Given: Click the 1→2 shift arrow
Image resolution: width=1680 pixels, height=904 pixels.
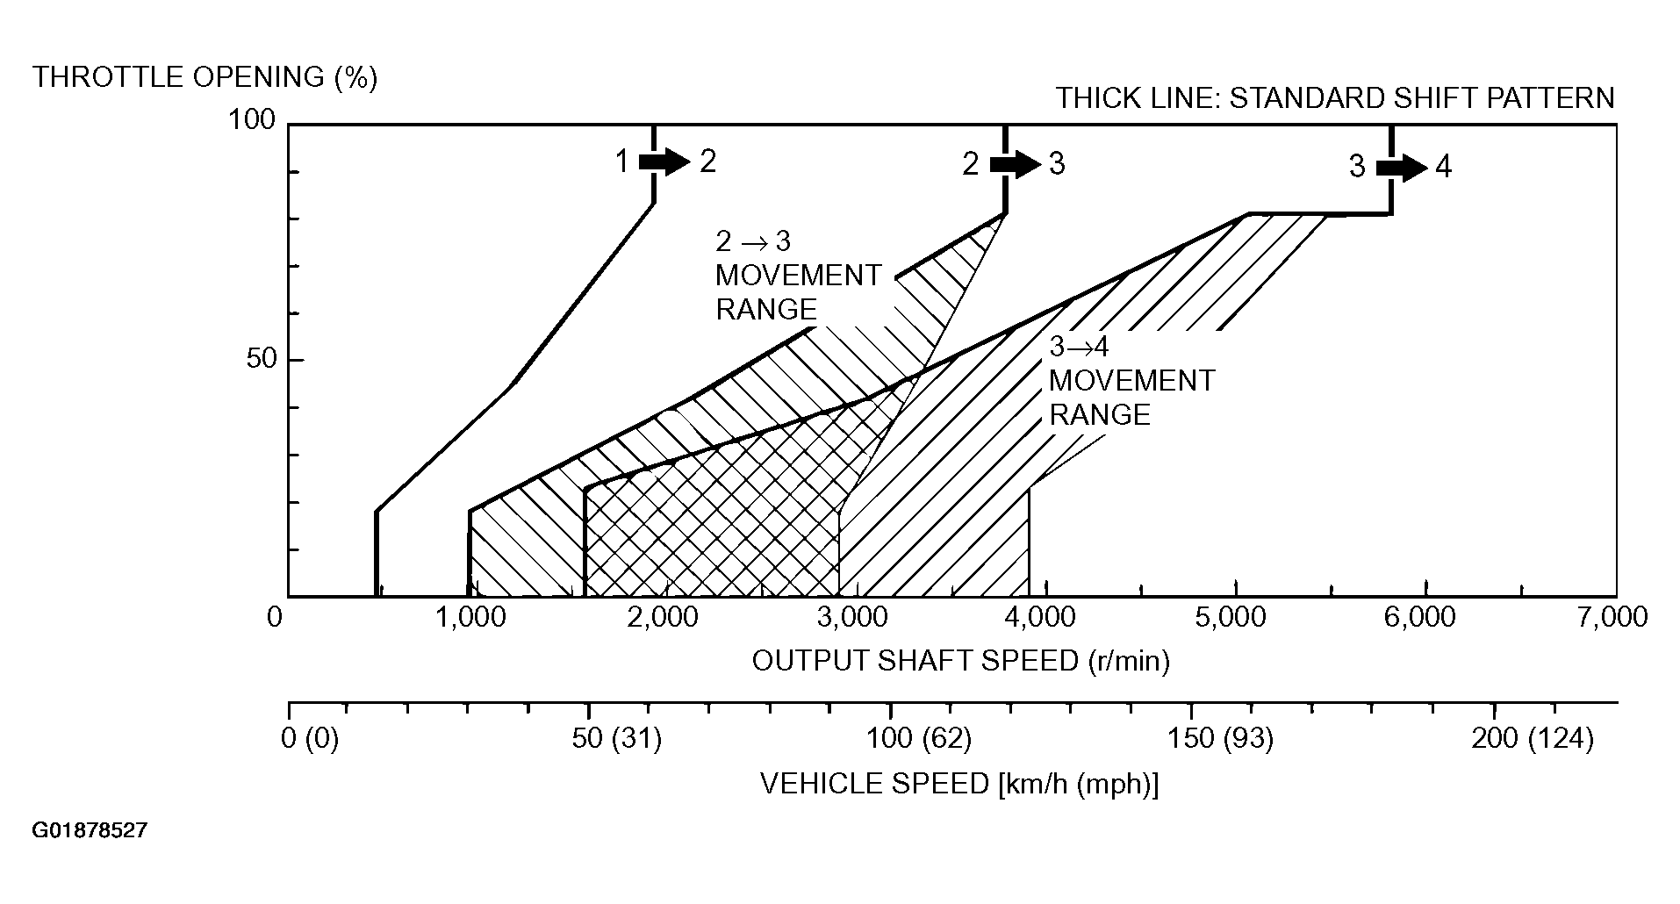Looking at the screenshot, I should tap(664, 161).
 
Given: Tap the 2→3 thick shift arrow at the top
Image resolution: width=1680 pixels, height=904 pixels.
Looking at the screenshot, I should tap(1015, 164).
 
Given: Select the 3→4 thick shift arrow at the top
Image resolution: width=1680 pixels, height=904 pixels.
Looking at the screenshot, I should tap(1402, 167).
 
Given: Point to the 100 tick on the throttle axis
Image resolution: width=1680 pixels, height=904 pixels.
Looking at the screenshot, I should tap(253, 120).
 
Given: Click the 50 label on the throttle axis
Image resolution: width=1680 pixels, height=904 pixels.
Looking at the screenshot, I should tap(261, 359).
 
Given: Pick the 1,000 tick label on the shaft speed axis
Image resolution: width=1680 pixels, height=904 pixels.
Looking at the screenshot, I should tap(470, 618).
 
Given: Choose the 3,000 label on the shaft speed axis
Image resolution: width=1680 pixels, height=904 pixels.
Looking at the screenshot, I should tap(851, 618).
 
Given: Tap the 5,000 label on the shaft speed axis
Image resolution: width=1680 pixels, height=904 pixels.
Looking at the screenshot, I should tap(1230, 618).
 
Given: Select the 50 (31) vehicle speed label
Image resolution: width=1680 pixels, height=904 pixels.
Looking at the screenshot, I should tap(617, 739).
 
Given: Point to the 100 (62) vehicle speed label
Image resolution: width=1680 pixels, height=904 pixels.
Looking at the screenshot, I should tap(919, 739).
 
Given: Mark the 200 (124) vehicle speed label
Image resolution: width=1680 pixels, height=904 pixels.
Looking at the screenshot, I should tap(1532, 739).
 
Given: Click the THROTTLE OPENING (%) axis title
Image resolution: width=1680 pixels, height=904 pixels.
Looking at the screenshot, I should tap(205, 77).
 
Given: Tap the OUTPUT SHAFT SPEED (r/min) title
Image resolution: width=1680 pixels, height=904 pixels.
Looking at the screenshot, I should tap(961, 661).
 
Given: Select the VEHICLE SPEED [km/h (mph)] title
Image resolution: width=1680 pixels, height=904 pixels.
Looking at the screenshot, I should tap(959, 784).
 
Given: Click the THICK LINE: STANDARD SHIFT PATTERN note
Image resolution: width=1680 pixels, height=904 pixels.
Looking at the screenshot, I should tap(1334, 97).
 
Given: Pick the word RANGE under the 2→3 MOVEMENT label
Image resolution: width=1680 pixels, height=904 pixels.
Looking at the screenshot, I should tap(765, 310).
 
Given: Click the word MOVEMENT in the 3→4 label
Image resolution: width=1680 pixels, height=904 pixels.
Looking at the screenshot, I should tap(1131, 381).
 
